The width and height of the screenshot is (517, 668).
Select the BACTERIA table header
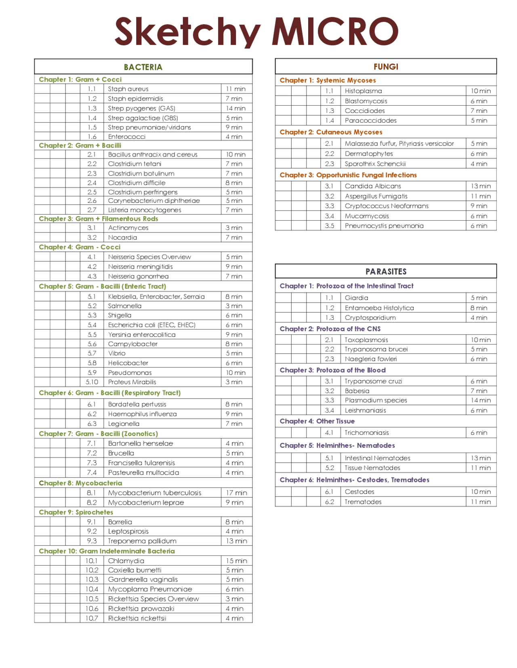click(143, 67)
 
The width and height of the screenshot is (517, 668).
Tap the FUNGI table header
click(386, 67)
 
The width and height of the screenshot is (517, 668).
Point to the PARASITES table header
click(386, 271)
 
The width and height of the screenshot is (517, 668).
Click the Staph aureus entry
click(128, 89)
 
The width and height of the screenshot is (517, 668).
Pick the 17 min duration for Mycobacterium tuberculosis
click(236, 493)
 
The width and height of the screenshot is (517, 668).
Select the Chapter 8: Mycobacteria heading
click(80, 483)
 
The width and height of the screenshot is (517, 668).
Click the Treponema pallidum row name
click(142, 541)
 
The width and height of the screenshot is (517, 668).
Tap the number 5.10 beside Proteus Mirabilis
click(92, 382)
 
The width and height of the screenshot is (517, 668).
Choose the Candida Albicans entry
click(373, 186)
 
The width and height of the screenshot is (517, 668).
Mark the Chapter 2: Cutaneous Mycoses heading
click(331, 132)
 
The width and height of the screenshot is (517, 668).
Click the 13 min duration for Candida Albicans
click(481, 186)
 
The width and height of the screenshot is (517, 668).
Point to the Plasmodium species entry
click(376, 400)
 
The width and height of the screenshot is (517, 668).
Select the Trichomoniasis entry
click(367, 432)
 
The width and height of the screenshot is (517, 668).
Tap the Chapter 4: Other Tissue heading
click(317, 421)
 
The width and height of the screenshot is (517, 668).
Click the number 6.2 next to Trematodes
click(330, 502)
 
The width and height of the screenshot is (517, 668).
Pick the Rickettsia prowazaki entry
click(141, 608)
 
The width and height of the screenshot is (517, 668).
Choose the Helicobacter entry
click(128, 363)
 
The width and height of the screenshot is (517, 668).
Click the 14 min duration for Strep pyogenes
click(235, 108)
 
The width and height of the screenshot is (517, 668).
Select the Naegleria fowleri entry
click(371, 359)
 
